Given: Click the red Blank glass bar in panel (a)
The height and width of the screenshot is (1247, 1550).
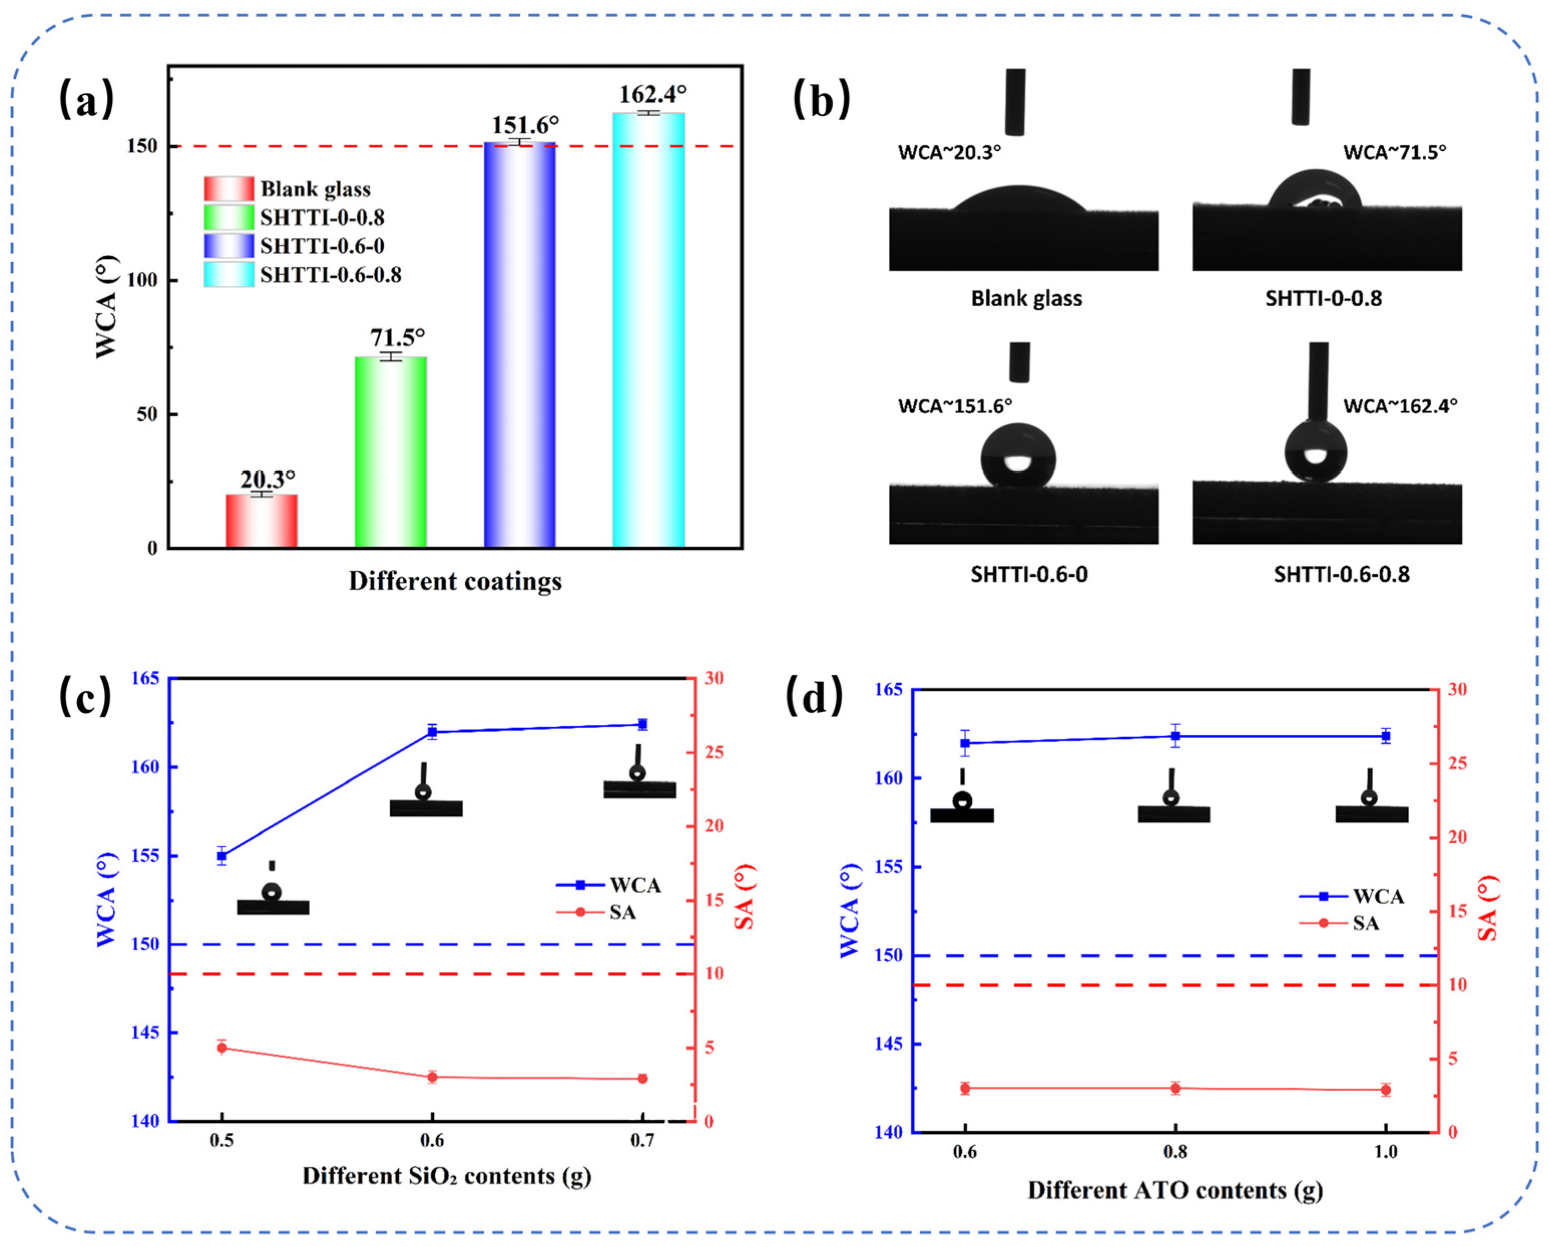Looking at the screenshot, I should pos(261,521).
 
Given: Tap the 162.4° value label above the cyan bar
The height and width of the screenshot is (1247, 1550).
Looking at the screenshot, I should pos(652,94).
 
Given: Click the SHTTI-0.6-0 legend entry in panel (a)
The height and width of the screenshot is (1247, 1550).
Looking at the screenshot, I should pos(321,246).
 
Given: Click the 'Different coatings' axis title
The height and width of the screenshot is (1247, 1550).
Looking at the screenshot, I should pos(454,581).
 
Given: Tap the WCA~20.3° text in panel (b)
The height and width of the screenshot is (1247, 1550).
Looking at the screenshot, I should pos(949,152).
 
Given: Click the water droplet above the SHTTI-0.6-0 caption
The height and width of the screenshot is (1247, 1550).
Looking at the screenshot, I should pos(1018,455).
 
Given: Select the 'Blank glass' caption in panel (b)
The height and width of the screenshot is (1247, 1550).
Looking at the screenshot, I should pos(1026,298).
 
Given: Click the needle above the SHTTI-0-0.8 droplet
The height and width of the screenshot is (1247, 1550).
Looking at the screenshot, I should pos(1301,97).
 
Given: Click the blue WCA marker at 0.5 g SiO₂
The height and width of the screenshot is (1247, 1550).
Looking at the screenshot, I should pos(222,856).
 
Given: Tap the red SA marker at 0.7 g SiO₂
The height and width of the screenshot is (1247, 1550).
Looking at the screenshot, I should pos(642,1079).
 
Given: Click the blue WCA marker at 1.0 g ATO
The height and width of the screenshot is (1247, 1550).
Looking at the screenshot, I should pos(1385,736).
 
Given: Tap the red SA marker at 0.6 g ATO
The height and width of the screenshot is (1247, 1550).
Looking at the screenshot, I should pos(965,1089).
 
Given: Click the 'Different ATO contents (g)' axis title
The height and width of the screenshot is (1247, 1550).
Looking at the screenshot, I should pos(1175,1190).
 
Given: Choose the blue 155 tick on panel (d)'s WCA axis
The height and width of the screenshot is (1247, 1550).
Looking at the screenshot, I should pos(888,867).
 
